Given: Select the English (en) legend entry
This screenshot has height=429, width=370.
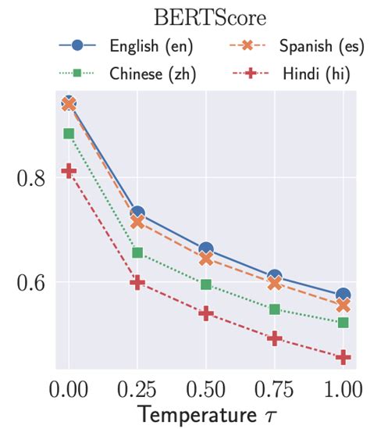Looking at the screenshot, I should coord(125,45).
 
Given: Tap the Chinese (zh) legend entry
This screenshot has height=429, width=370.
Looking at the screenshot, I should coord(125,76).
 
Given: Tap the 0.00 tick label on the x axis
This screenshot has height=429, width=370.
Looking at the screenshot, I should coord(69,389).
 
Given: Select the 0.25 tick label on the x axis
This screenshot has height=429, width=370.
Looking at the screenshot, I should coord(137,389).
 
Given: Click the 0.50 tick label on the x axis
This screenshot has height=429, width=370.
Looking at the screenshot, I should coord(206,389).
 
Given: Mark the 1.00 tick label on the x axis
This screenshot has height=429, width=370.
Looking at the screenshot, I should coord(342,389).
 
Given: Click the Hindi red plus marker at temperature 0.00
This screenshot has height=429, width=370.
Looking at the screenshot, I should coord(69,171).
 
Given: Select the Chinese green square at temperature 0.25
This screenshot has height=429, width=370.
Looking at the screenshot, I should coord(137,252).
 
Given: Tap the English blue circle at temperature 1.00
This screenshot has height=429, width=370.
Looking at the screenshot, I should coord(343,295).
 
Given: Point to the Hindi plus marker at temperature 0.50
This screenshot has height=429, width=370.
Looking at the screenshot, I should coord(206,313).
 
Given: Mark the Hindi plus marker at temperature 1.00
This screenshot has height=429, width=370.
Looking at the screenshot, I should coord(343,357).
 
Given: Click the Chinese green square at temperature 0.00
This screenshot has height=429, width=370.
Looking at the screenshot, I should coord(69,134).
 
